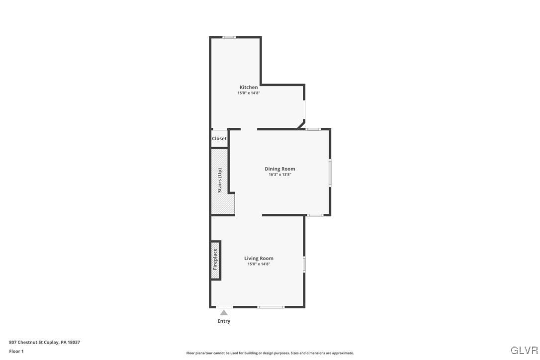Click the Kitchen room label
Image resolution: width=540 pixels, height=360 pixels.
(249, 87)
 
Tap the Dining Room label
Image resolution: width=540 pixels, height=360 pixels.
(279, 169)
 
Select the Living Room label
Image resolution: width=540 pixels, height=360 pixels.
(259, 258)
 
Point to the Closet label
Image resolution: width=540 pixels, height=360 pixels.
(219, 138)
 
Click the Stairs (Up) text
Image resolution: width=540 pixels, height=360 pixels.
(220, 180)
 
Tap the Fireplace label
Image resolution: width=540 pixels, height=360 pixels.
(215, 259)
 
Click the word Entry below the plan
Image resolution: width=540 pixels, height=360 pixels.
(224, 321)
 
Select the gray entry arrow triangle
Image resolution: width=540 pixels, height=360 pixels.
(224, 313)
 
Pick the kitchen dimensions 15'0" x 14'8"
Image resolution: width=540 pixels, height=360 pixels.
(249, 93)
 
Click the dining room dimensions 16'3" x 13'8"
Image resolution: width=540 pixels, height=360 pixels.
(279, 175)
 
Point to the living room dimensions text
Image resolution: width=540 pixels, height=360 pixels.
(259, 264)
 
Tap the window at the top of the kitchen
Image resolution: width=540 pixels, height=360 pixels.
(229, 37)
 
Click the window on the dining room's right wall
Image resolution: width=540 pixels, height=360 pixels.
(330, 173)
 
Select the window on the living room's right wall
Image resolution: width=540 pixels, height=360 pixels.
(304, 264)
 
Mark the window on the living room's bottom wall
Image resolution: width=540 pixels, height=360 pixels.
(271, 307)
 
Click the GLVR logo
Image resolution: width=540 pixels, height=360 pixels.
(524, 350)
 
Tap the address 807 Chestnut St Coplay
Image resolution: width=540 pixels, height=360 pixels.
(44, 342)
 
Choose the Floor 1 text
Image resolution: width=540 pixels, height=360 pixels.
(16, 351)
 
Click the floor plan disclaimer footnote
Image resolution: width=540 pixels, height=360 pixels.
(270, 353)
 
